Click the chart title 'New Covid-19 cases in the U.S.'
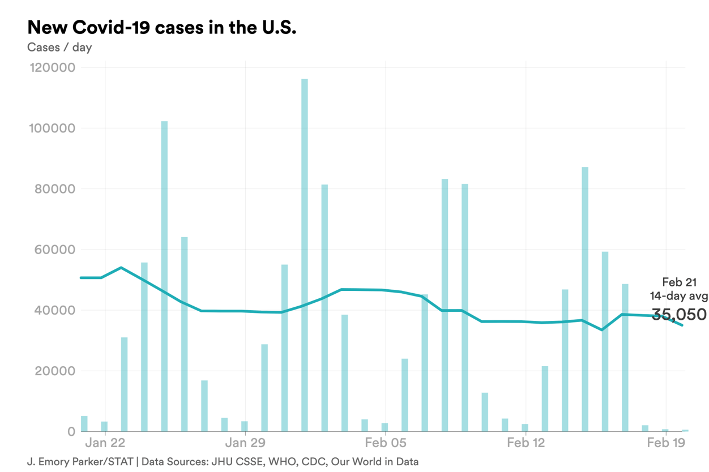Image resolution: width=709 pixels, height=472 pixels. tap(161, 27)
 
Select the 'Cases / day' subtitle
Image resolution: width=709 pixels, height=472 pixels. tap(59, 47)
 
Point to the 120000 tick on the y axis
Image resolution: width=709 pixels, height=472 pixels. tap(51, 67)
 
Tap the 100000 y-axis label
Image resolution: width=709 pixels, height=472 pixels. tap(51, 128)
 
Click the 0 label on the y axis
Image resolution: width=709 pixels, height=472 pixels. tap(71, 432)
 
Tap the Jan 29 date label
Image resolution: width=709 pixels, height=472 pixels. tap(245, 442)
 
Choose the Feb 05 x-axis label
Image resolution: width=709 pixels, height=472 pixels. tap(385, 442)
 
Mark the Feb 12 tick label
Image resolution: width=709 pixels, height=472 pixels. tap(525, 442)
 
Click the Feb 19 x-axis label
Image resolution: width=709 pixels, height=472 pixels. tap(665, 442)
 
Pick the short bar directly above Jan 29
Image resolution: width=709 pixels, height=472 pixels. tap(245, 426)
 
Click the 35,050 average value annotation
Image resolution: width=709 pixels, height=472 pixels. tap(678, 315)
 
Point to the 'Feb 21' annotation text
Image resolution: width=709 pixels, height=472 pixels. tap(679, 282)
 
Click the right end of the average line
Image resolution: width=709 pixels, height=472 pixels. tap(682, 325)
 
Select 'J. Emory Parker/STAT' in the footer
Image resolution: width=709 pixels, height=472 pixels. tap(79, 461)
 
